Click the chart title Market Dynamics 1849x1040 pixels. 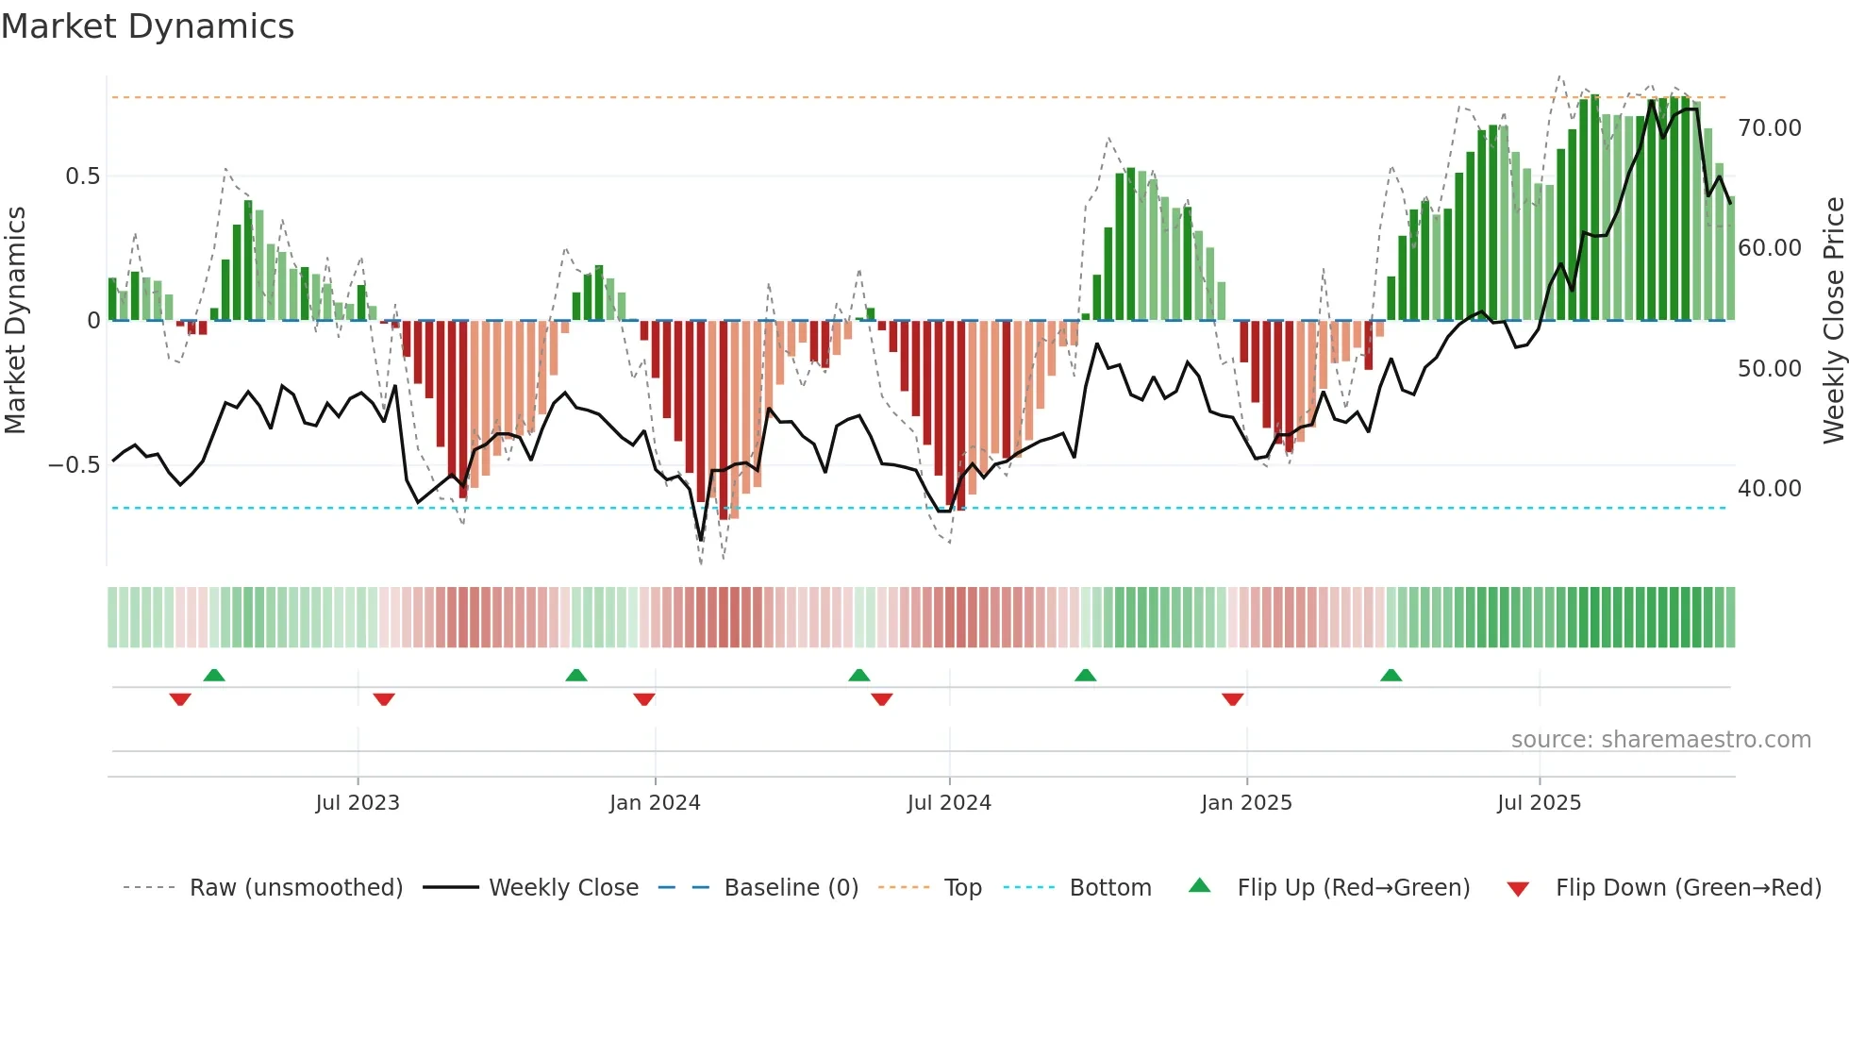[x=148, y=26]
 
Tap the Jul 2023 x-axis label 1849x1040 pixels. [x=358, y=803]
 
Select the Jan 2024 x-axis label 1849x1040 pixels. [x=655, y=803]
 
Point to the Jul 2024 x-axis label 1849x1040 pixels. [x=949, y=803]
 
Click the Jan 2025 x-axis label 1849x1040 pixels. [x=1246, y=803]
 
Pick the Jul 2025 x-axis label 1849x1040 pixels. [x=1539, y=803]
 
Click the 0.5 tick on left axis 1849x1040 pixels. [x=82, y=176]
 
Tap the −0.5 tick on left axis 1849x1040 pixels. [x=75, y=465]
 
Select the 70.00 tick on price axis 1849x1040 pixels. [x=1769, y=128]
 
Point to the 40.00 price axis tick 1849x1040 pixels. [x=1769, y=489]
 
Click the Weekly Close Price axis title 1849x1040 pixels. [x=1833, y=321]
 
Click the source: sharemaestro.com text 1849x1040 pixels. [x=1660, y=740]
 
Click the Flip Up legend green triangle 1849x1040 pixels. [x=1199, y=886]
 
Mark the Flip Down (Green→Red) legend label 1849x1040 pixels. [x=1688, y=888]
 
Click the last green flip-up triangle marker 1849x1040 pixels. [x=1391, y=675]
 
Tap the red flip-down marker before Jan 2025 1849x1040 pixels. [x=1232, y=699]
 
